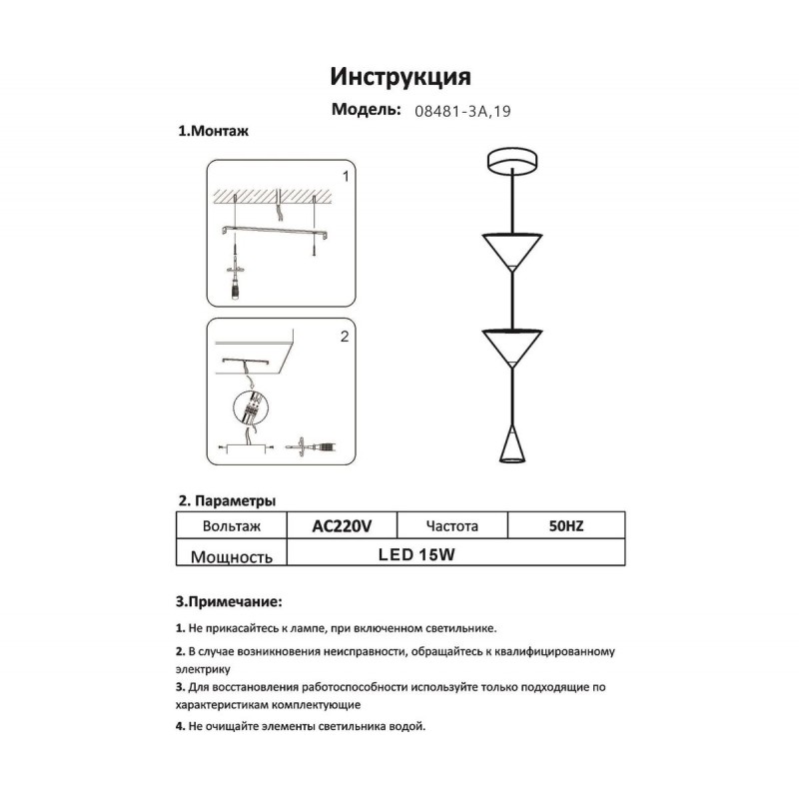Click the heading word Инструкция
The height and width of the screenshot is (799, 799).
pos(399,77)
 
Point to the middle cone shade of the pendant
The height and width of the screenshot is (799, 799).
pos(511,345)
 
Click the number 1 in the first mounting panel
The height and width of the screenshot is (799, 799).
pos(345,177)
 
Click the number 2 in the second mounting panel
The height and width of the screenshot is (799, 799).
pos(345,338)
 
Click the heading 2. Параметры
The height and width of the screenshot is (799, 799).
pos(227,499)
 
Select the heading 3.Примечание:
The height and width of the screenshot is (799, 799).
pos(229,602)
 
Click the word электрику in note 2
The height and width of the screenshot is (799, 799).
pos(202,669)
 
